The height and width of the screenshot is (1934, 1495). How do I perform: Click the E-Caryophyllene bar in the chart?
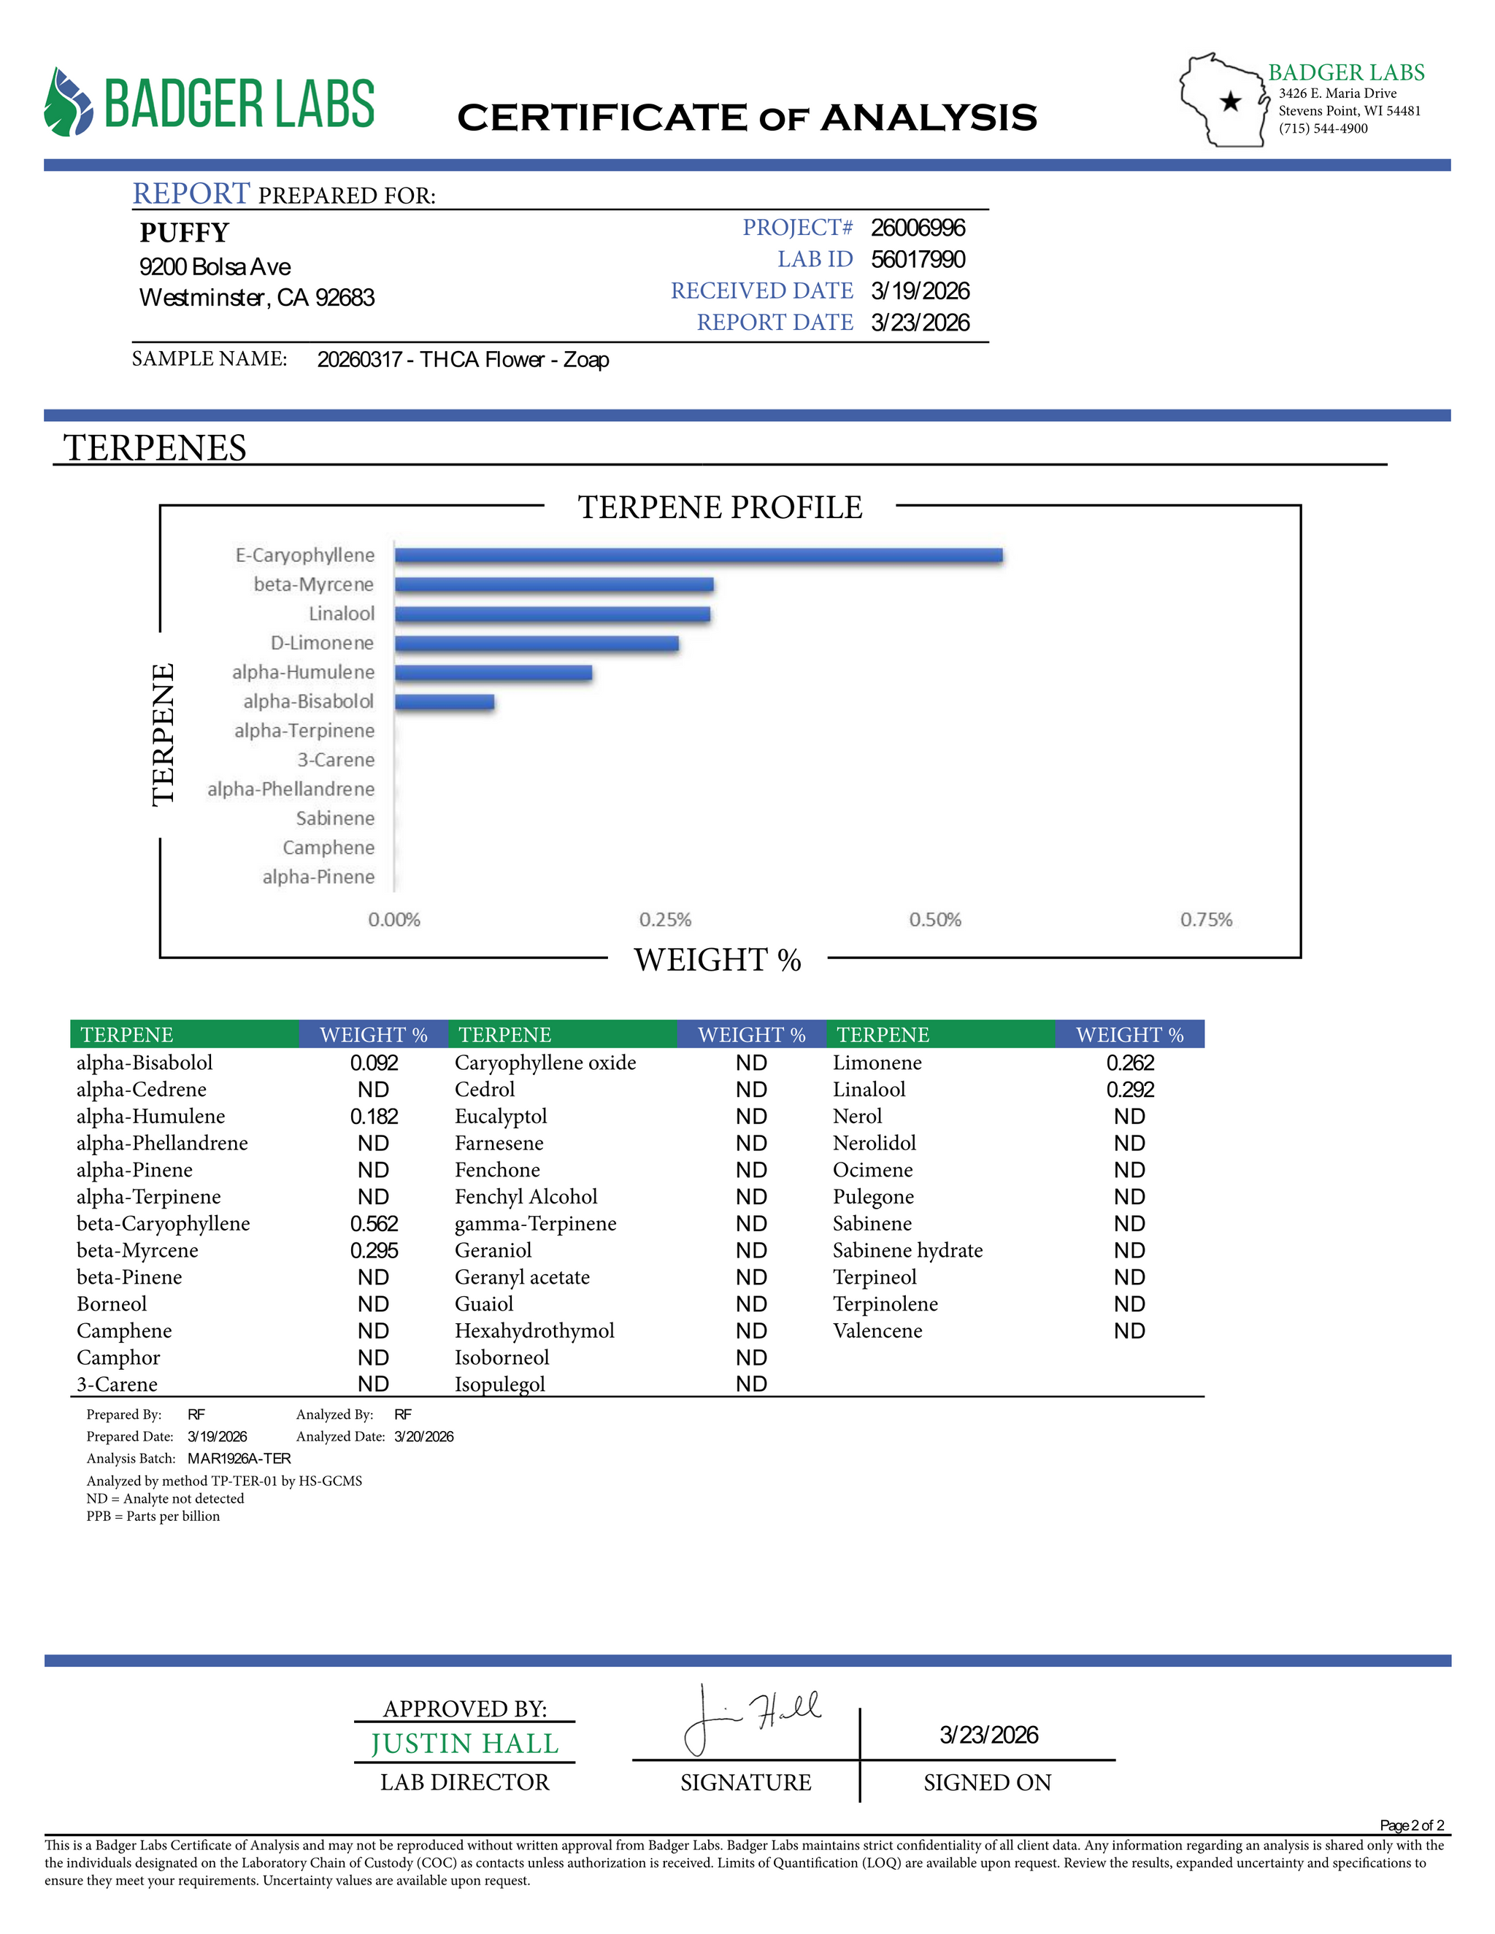pos(698,555)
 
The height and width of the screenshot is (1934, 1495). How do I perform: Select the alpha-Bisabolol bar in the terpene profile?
pos(445,702)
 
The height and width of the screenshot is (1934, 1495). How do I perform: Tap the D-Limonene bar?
pos(537,644)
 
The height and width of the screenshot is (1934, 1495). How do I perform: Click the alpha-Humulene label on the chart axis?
pos(303,673)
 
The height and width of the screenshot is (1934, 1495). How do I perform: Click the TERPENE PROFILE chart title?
pos(720,507)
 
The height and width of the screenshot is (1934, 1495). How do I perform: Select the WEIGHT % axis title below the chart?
pos(718,960)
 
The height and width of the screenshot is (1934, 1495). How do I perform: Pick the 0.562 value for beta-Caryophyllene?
pos(374,1224)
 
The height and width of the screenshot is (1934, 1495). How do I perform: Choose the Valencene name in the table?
pos(877,1331)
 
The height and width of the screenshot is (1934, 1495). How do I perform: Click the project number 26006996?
pos(918,228)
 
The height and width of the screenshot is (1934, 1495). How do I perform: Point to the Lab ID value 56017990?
pos(918,260)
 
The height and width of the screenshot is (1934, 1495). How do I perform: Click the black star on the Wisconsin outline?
pos(1230,102)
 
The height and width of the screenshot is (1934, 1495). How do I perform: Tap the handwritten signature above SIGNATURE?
pos(753,1718)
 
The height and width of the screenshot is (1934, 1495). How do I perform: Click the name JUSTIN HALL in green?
pos(465,1744)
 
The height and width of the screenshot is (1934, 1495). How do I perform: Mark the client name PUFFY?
pos(184,233)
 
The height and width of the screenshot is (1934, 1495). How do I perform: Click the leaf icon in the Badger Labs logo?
pos(68,103)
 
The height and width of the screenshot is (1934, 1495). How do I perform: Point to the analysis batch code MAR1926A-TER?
pos(239,1458)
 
